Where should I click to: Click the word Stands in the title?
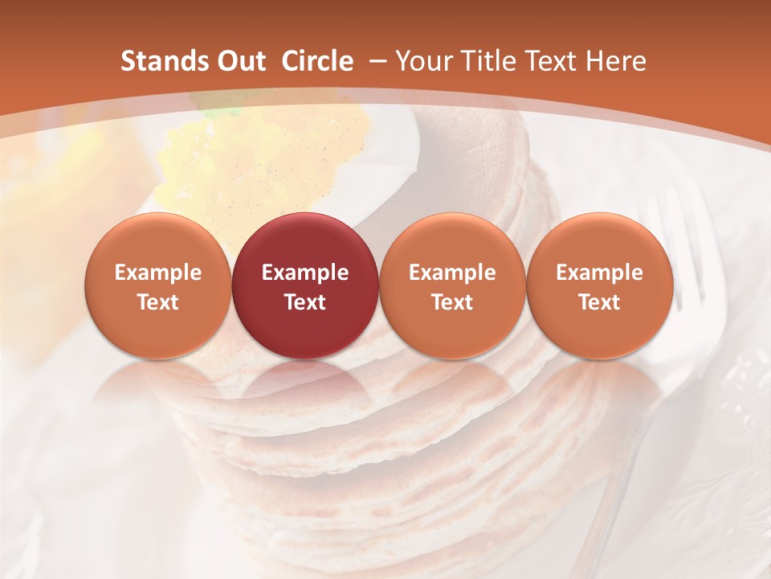(x=159, y=61)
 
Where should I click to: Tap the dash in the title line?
(x=375, y=61)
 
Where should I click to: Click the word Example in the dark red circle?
(x=305, y=273)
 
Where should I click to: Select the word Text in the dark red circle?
(x=305, y=302)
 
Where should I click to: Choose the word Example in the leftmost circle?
(x=157, y=273)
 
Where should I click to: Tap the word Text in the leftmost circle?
(x=157, y=302)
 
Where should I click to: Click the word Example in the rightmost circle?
(x=599, y=273)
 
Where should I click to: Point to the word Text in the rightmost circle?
(x=599, y=302)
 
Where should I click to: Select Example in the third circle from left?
(x=452, y=273)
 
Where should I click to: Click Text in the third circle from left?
(x=452, y=302)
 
